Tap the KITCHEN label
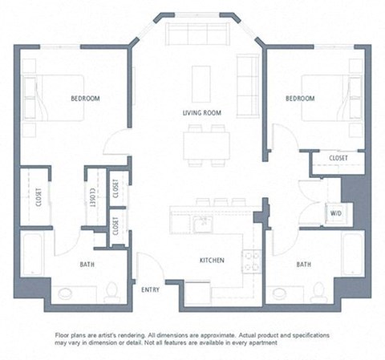[212, 261]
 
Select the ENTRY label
[150, 289]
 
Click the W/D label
[335, 213]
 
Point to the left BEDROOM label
[86, 98]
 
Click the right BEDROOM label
[300, 98]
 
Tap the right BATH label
[304, 264]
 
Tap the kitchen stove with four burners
[252, 261]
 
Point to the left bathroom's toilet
[114, 289]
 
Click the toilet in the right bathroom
[318, 289]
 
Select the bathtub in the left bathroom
[34, 254]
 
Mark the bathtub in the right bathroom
[352, 254]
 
